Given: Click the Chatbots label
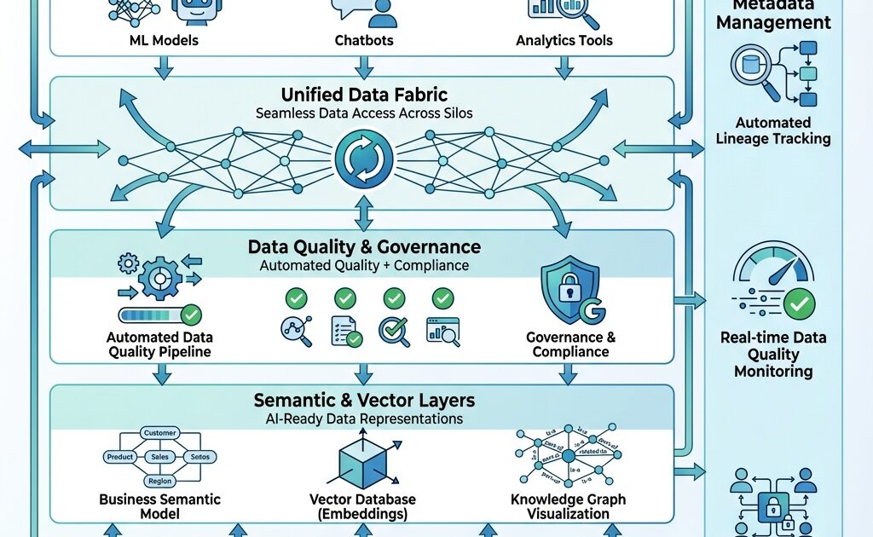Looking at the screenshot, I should pos(364,40).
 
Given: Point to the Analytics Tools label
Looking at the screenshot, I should pos(564,40).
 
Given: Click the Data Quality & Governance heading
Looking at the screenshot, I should pos(364,247).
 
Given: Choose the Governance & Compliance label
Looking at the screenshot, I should pos(570,344).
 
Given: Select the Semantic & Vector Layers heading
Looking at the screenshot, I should pos(364,400).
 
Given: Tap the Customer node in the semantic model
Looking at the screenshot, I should pos(159,433).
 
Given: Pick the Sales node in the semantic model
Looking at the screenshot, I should pos(159,457).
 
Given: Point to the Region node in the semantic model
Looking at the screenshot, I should pos(159,481).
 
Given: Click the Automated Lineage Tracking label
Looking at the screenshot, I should pos(773,130).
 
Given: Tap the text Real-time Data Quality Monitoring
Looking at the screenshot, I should pos(773,354).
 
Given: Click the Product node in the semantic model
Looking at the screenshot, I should pos(120,457).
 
